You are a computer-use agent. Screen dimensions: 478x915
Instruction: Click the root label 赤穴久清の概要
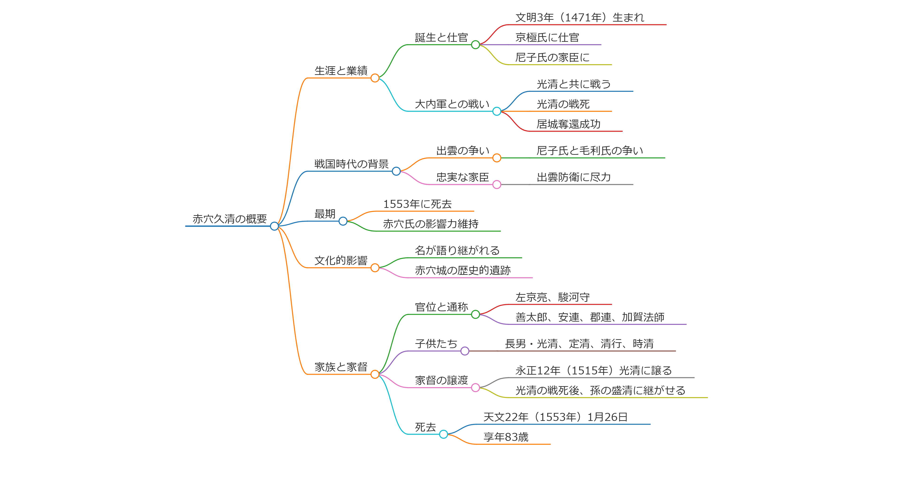click(229, 219)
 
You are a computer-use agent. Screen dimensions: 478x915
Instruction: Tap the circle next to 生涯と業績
click(375, 78)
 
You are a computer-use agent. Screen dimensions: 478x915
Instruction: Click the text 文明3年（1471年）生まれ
click(580, 17)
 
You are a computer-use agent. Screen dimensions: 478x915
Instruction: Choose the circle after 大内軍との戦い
click(496, 112)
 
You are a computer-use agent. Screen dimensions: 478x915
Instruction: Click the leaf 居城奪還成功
click(568, 124)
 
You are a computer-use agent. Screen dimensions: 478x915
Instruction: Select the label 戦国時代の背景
click(351, 164)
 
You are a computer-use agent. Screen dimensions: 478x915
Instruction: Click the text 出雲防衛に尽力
click(574, 177)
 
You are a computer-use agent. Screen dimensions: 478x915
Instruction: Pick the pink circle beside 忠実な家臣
click(496, 185)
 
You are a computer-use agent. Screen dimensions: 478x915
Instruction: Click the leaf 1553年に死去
click(417, 204)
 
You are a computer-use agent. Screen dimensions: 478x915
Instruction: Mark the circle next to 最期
click(343, 221)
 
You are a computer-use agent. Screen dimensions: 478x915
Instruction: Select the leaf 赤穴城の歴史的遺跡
click(462, 271)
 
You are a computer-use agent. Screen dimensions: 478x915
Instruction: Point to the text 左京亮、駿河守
click(552, 297)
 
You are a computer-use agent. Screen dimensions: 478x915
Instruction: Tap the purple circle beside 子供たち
click(465, 351)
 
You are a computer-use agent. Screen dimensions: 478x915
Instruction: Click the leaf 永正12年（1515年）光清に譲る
click(593, 371)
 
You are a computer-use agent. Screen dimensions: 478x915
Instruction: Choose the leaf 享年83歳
click(506, 437)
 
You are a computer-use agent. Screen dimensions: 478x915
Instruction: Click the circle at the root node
click(274, 226)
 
